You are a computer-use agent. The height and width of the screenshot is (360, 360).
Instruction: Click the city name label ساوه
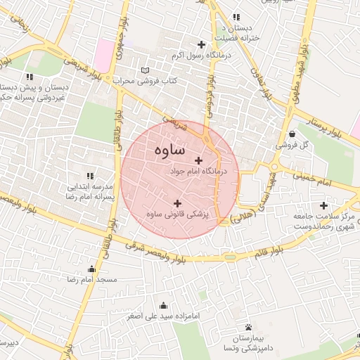[x=167, y=149]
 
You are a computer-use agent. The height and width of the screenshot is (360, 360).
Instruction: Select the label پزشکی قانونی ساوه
[x=176, y=213]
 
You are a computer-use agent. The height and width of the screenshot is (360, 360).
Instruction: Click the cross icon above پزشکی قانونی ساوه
[x=176, y=202]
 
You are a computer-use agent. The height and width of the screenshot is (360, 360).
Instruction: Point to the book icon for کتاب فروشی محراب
[x=145, y=71]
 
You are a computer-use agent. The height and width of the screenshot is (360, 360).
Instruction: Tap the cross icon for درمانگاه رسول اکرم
[x=201, y=45]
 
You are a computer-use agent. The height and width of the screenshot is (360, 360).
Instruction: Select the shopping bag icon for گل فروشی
[x=292, y=134]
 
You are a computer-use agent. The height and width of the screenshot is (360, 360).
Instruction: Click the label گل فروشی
[x=292, y=145]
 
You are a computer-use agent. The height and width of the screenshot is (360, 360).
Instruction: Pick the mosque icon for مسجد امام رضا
[x=91, y=269]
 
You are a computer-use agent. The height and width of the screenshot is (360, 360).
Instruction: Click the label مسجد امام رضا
[x=84, y=280]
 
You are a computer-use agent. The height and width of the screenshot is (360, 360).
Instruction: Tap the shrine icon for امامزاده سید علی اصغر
[x=164, y=305]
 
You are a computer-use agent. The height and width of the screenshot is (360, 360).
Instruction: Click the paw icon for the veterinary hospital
[x=249, y=327]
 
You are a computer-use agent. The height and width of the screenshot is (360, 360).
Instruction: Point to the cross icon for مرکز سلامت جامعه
[x=323, y=206]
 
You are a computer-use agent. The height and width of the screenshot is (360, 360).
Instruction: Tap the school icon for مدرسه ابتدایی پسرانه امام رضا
[x=89, y=175]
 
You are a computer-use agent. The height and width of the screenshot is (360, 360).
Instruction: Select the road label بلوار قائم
[x=288, y=247]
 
